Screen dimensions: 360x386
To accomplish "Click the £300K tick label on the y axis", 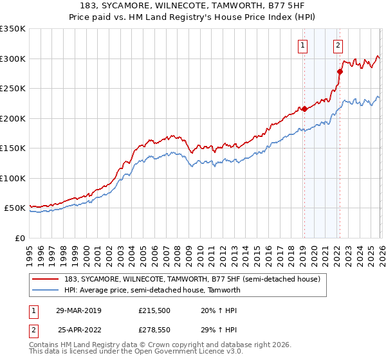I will point(12,59).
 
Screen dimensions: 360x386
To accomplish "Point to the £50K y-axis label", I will point(15,208).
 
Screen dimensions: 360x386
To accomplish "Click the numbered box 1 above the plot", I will point(302,45).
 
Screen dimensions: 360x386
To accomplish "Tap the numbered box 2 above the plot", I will point(338,45).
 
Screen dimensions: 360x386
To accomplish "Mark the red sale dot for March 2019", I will point(304,109).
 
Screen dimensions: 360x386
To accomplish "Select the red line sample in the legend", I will point(44,278).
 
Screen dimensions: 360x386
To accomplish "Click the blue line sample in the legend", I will point(44,290).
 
